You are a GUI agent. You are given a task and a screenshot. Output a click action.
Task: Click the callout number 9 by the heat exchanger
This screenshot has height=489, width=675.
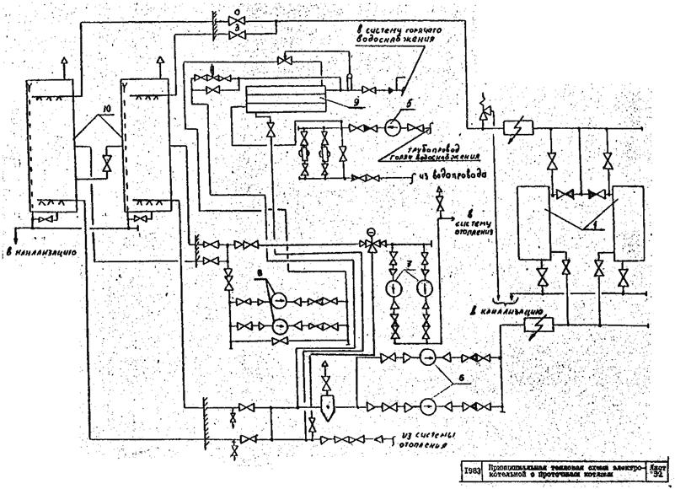[333, 105]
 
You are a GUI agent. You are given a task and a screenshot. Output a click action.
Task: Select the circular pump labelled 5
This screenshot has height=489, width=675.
[391, 128]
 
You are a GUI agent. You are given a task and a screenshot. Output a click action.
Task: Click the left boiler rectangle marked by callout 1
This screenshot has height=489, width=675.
[533, 224]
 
